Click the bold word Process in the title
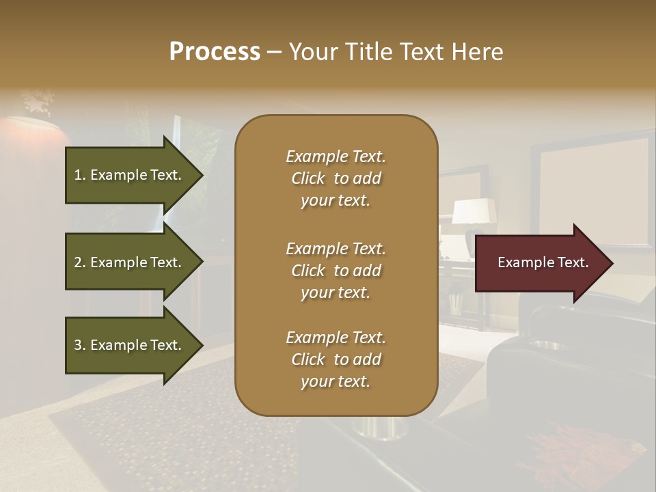pos(215,52)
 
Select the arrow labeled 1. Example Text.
pos(128,175)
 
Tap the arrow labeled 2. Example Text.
pos(128,262)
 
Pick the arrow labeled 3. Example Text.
pos(128,345)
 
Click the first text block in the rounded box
pos(336,178)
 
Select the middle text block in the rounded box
pos(336,271)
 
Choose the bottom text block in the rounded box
pos(336,359)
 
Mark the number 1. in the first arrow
pos(80,175)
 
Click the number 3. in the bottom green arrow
pos(80,345)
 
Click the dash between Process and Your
pos(274,53)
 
